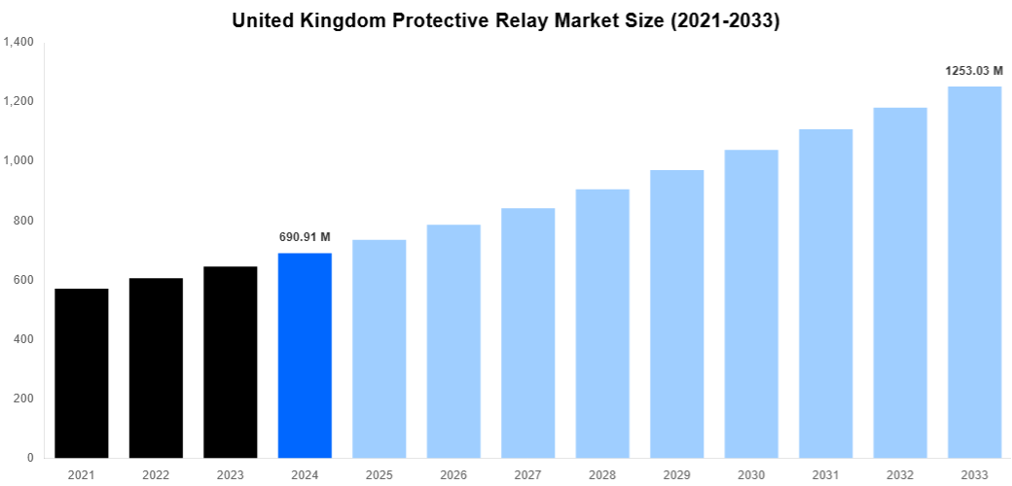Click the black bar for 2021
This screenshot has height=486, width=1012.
pos(82,373)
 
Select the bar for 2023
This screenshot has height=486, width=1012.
pos(231,362)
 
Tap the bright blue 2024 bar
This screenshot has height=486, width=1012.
pos(305,355)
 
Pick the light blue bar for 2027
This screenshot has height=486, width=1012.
pos(528,332)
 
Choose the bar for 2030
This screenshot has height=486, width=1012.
pos(751,303)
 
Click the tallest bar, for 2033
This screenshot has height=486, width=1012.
pos(974,272)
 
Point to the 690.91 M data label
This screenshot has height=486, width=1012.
pos(305,237)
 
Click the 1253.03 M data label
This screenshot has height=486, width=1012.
pos(974,71)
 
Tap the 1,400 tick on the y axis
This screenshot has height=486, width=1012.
pos(18,43)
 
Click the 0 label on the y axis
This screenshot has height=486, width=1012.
pos(29,458)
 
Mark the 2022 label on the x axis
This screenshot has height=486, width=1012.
pos(156,474)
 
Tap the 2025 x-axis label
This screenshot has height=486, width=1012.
pos(379,474)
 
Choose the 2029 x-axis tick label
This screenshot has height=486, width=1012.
pos(677,474)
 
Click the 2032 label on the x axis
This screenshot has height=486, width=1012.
pos(900,474)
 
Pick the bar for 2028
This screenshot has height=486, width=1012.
pos(602,323)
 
